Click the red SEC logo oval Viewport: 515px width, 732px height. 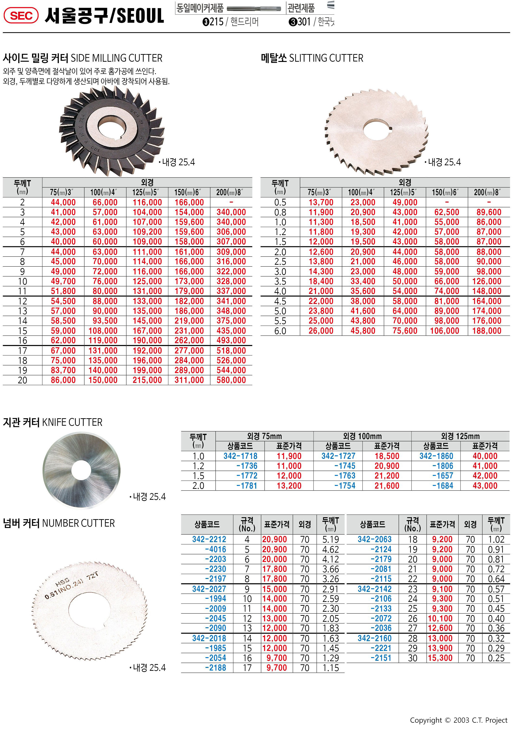[x=21, y=16]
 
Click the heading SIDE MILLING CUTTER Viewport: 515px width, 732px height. [x=116, y=58]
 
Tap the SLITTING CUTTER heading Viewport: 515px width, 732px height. [x=326, y=58]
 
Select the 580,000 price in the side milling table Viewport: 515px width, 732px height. [x=231, y=380]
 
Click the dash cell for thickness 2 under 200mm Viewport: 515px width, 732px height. [x=231, y=202]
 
